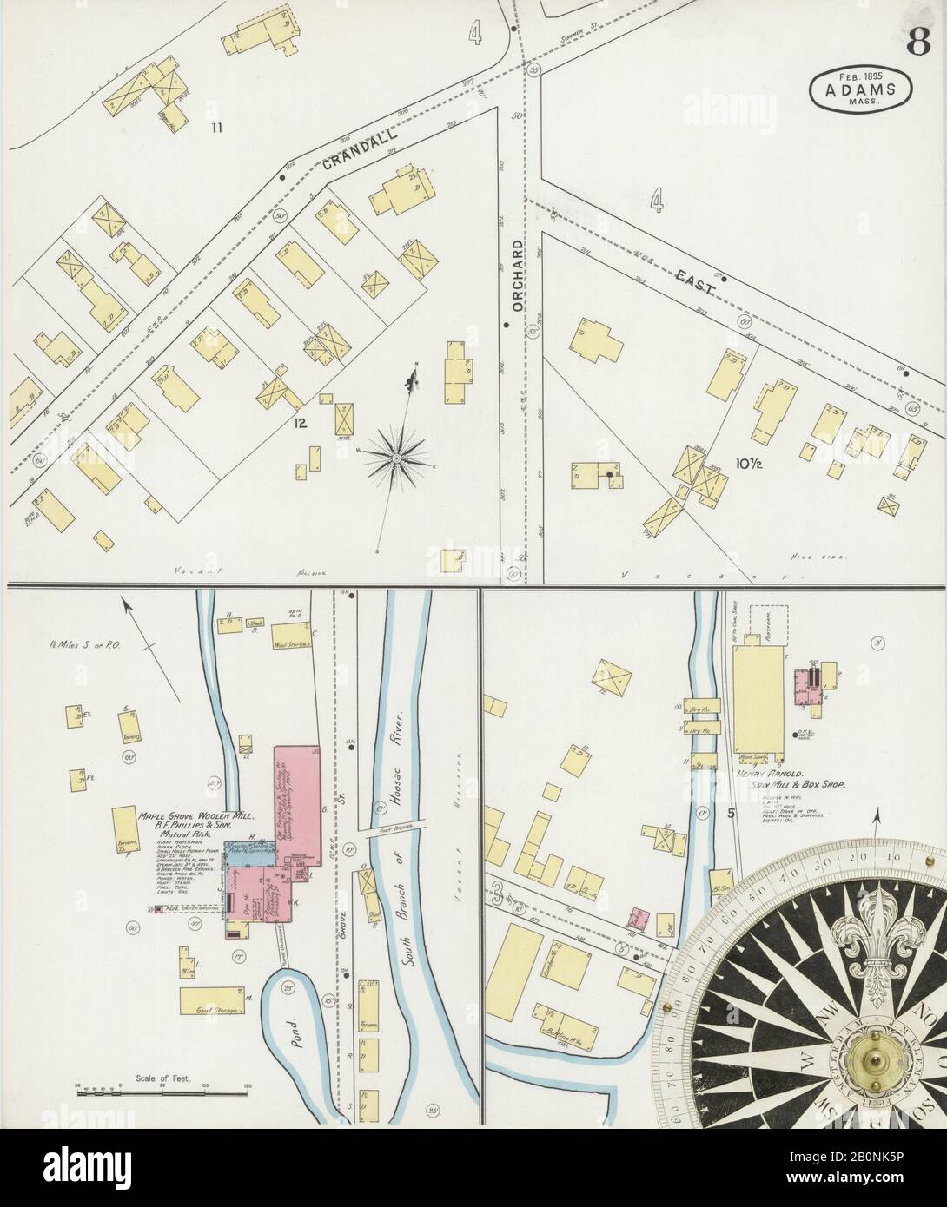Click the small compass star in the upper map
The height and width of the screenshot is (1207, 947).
coord(396,454)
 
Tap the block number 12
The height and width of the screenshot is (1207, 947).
coord(301,425)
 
